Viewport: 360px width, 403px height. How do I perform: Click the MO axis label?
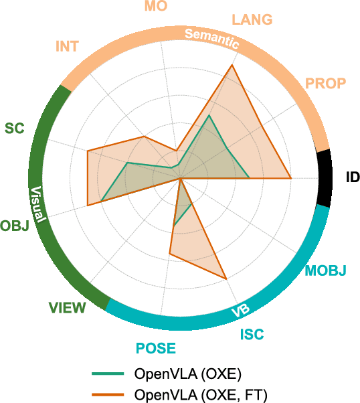coord(156,7)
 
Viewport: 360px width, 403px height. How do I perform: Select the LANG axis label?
coord(252,19)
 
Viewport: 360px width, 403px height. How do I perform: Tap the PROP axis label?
coord(326,84)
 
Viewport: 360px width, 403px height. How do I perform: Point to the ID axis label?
coord(353,177)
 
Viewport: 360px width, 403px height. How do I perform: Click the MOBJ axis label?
coord(325,271)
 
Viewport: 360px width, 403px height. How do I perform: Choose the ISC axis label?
coord(252,334)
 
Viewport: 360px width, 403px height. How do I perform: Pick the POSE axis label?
coord(156,348)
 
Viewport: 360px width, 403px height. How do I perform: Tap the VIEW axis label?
coord(67,308)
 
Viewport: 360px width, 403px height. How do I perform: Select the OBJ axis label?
coord(15,226)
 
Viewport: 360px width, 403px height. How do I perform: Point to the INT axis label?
coord(67,47)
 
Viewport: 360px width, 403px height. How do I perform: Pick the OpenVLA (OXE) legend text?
coord(188,373)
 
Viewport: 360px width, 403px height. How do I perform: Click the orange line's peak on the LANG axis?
coord(232,65)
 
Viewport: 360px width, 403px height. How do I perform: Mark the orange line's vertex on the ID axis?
coord(290,178)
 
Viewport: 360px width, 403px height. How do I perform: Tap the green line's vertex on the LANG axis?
coord(209,115)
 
